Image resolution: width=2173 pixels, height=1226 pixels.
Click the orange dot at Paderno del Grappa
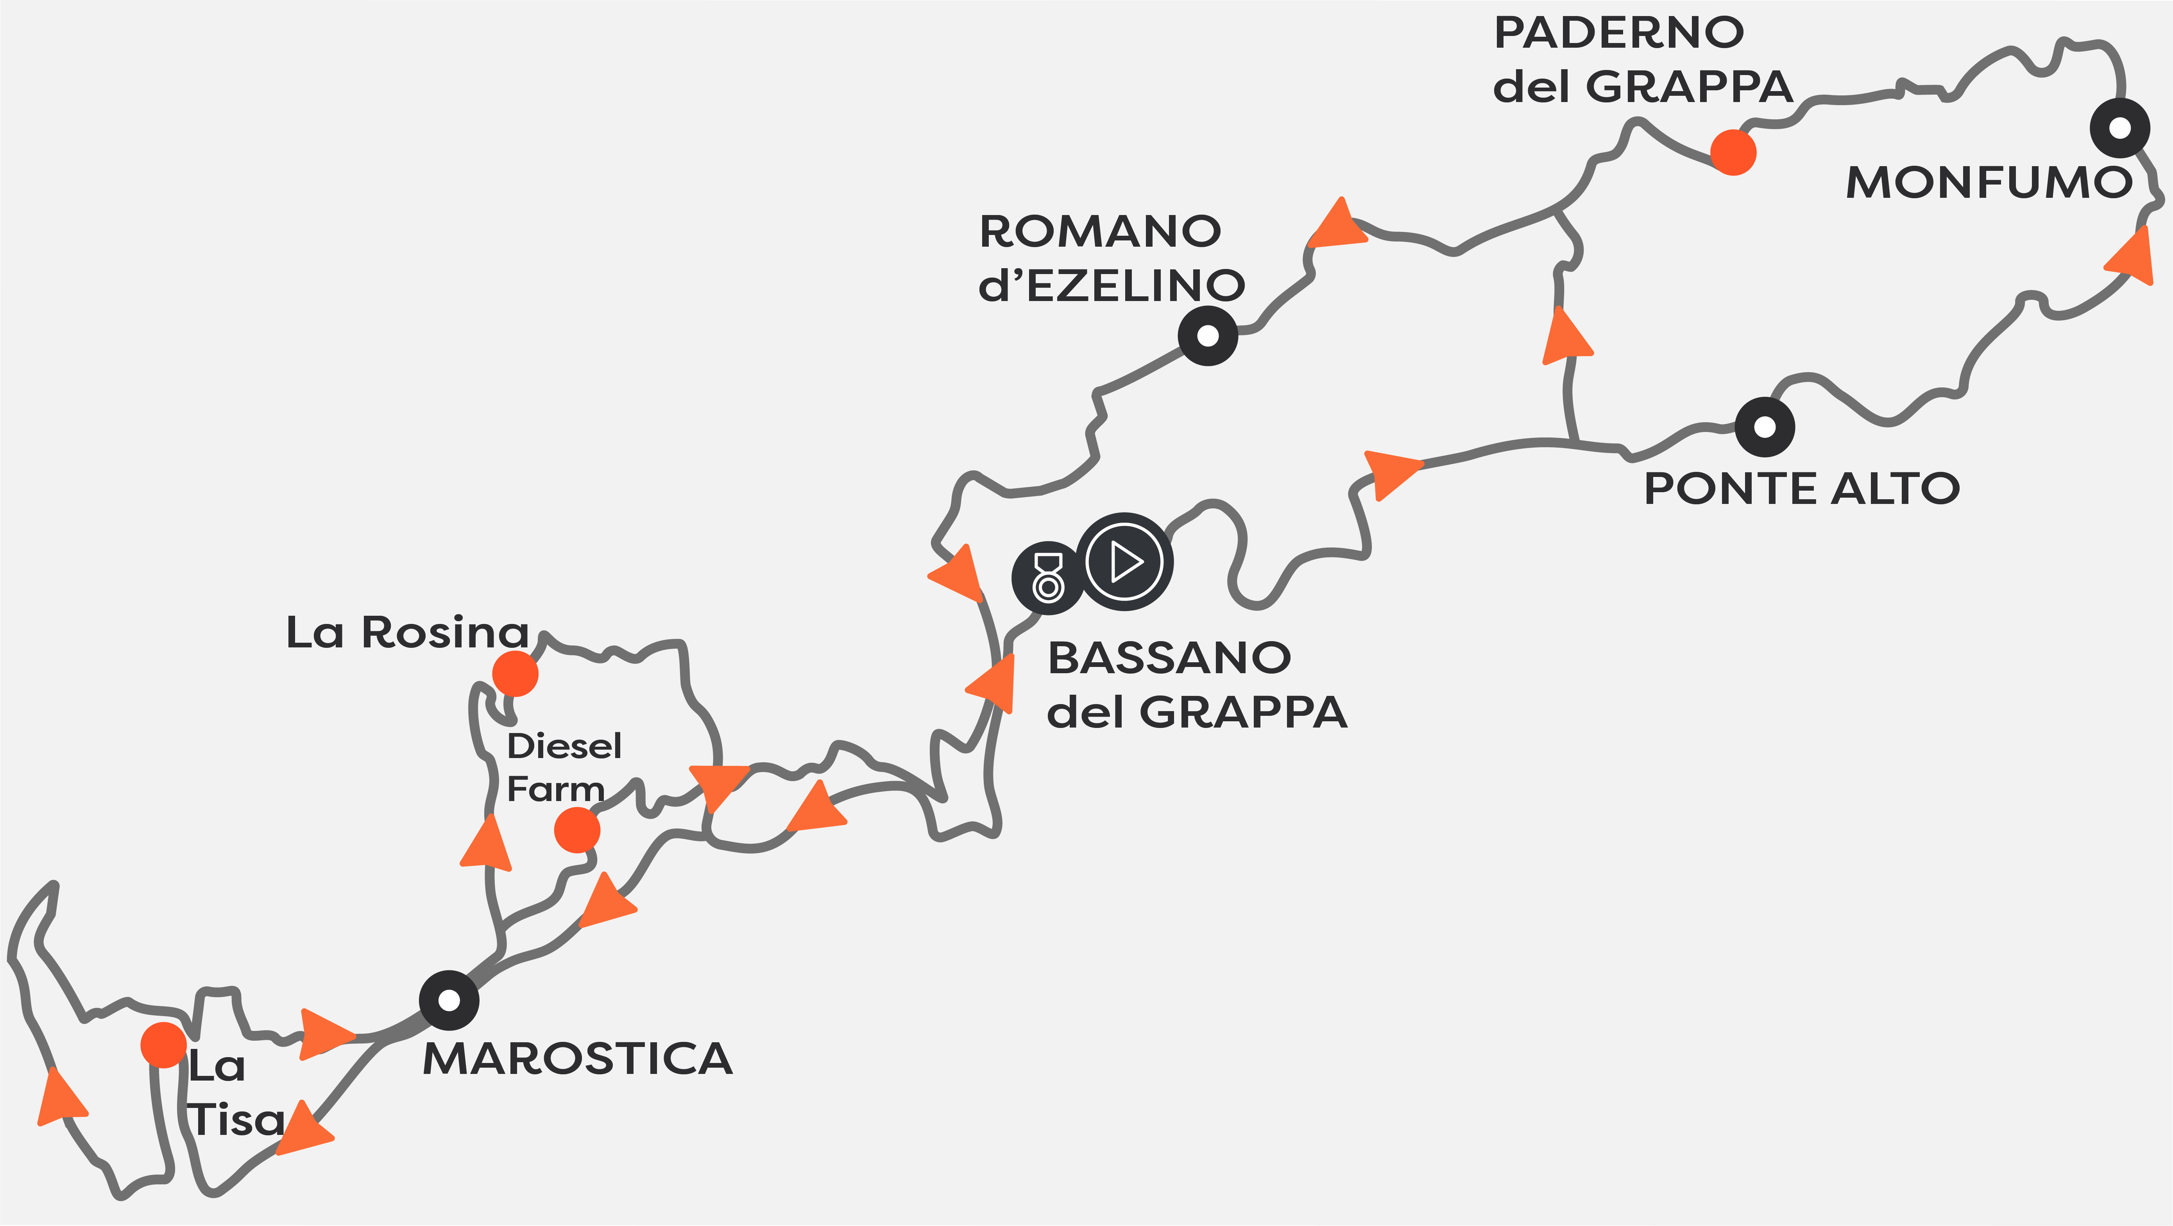pyautogui.click(x=1733, y=153)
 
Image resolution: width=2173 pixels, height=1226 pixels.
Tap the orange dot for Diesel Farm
pyautogui.click(x=577, y=830)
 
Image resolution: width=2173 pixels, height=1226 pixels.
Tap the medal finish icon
pyautogui.click(x=1049, y=578)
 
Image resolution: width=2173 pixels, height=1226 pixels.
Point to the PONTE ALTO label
pyautogui.click(x=1802, y=489)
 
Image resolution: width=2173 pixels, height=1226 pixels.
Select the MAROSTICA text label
pyautogui.click(x=578, y=1059)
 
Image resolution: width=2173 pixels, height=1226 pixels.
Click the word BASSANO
pyautogui.click(x=1169, y=658)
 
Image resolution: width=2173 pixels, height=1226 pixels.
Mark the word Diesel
pyautogui.click(x=564, y=746)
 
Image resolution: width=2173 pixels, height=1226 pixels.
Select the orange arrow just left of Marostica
pyautogui.click(x=325, y=1033)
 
